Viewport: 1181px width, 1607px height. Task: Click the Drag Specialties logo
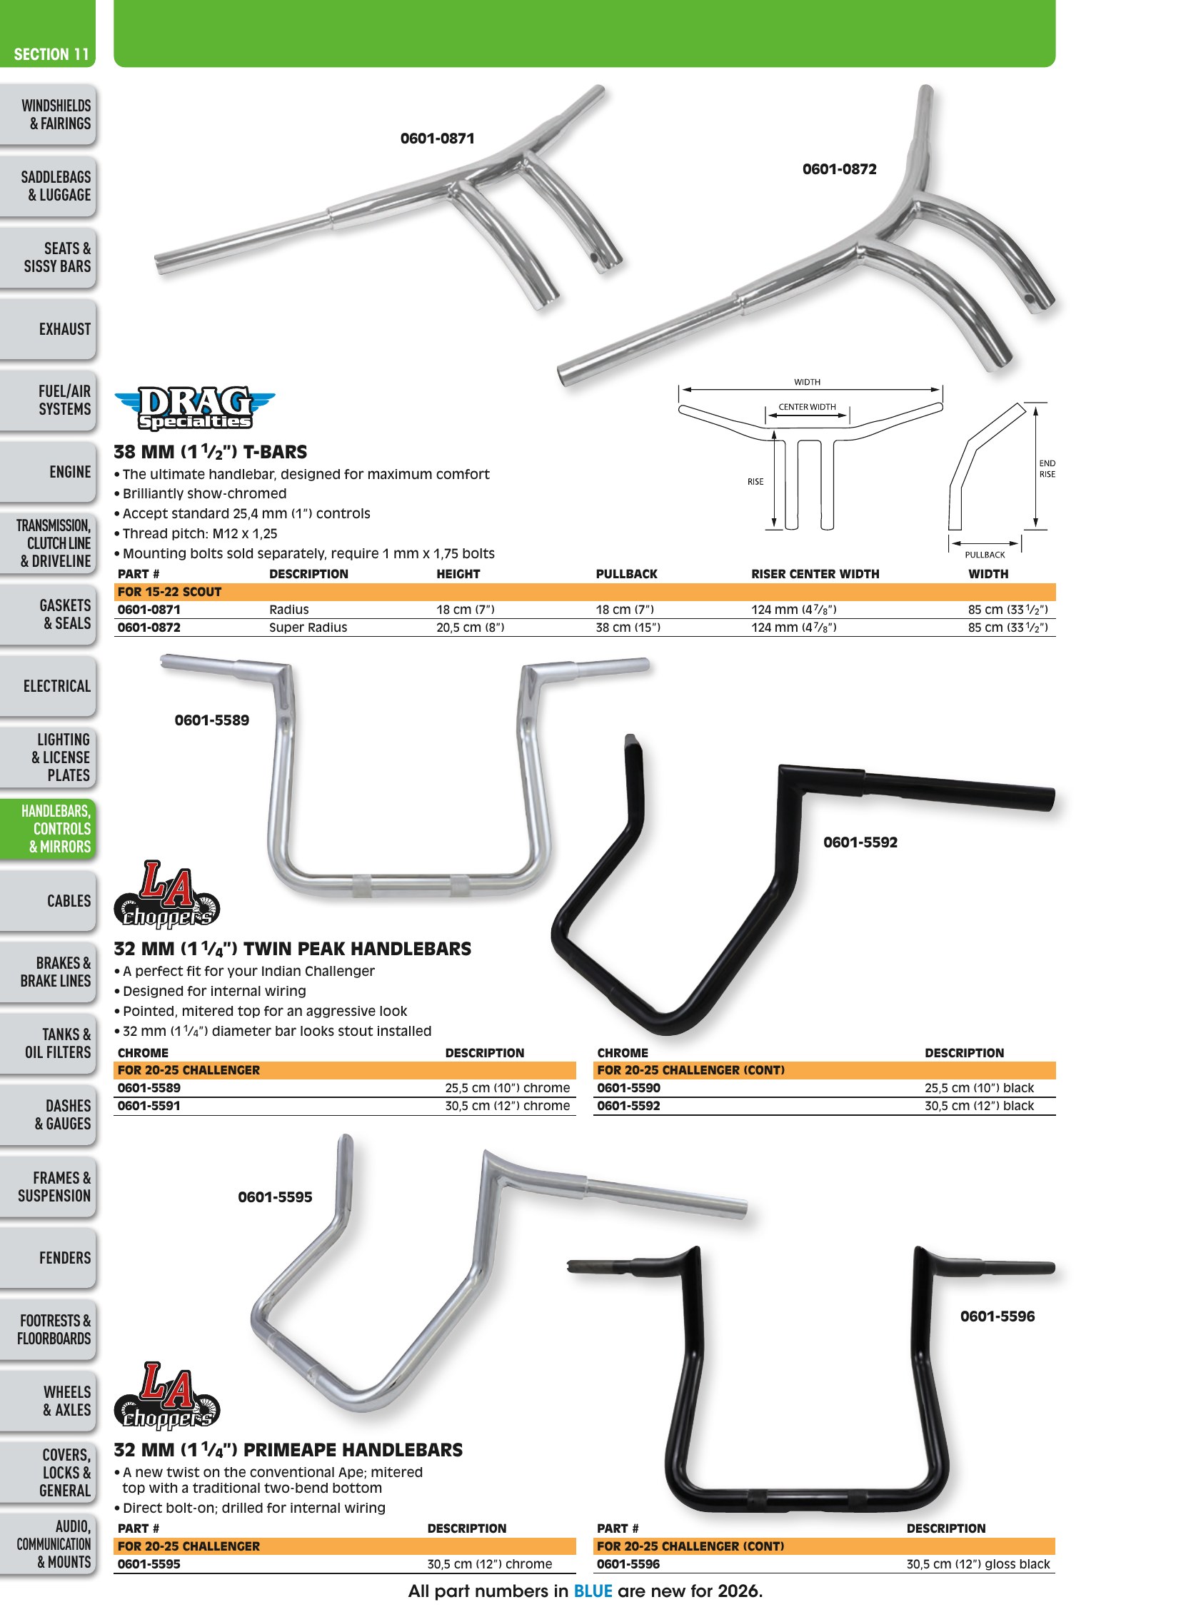(194, 408)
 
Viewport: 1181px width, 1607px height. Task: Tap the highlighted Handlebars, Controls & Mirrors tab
(56, 829)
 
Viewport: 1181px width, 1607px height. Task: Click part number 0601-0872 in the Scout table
(149, 627)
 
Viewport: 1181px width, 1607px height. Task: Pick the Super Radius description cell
(308, 627)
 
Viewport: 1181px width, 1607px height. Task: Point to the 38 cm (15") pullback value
(628, 627)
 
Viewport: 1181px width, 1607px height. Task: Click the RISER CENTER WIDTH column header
(815, 573)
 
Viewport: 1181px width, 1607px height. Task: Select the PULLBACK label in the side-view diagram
(985, 554)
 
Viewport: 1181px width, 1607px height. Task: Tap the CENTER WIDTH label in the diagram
(807, 407)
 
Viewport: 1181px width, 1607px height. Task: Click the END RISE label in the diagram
(1047, 468)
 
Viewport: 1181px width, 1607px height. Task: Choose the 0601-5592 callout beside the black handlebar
(860, 842)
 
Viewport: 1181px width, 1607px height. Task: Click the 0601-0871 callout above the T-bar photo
(438, 138)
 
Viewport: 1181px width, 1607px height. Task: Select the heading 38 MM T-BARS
(210, 452)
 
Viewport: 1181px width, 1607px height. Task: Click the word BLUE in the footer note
(593, 1591)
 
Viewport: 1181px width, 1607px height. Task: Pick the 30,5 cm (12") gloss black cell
(978, 1563)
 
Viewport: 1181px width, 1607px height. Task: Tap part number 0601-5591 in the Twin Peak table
(149, 1105)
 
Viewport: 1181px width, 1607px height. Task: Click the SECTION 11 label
(51, 54)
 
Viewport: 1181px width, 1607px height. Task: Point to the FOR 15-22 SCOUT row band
(585, 592)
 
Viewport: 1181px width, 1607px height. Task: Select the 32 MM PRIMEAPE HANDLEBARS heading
(288, 1450)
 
